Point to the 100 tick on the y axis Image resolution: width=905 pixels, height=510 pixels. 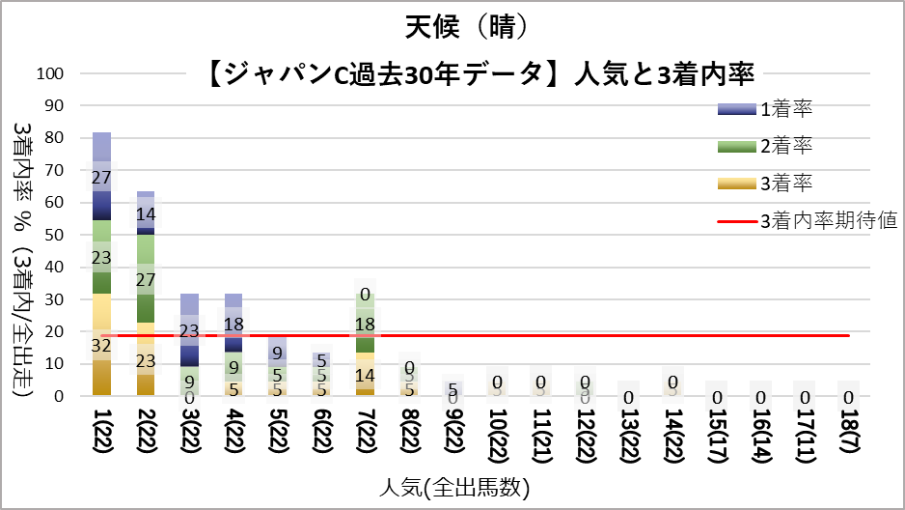coord(49,73)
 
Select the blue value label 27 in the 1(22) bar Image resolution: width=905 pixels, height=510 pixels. coord(101,178)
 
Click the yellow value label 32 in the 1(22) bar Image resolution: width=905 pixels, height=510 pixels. coord(101,345)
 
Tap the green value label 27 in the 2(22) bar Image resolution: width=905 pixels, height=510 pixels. coord(146,279)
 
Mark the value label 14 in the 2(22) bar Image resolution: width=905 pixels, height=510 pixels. coord(146,214)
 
